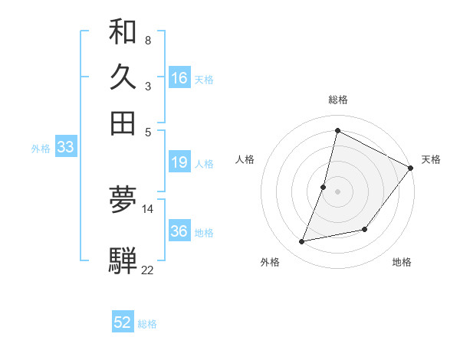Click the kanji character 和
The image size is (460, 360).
[123, 33]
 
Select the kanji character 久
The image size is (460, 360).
[123, 77]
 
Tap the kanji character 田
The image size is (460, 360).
[123, 123]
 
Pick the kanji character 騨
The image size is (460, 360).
[123, 260]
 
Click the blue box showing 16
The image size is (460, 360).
[179, 78]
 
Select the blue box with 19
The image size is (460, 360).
[179, 162]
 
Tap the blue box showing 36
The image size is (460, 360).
[179, 231]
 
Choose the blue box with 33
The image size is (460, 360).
[65, 148]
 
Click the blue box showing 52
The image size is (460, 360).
[123, 322]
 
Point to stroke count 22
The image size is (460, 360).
[147, 270]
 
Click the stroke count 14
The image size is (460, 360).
[148, 208]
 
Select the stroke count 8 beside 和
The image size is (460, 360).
[147, 40]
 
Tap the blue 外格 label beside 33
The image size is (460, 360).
[40, 149]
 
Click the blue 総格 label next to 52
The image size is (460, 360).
[147, 324]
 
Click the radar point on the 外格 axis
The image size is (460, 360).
[302, 242]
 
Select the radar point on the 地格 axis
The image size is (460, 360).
[365, 229]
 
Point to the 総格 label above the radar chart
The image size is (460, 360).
[337, 100]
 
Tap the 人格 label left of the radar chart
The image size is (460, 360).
[245, 159]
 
